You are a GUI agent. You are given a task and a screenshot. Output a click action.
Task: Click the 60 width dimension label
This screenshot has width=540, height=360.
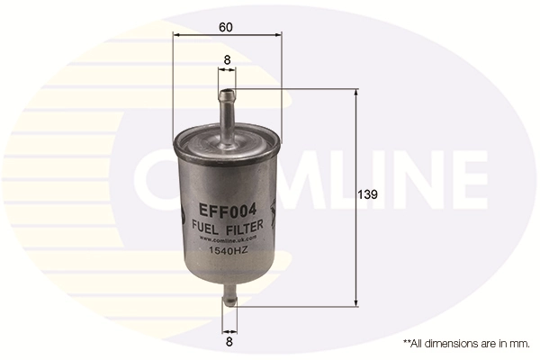226,26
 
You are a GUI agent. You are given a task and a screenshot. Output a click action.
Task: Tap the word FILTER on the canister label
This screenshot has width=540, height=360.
244,229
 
